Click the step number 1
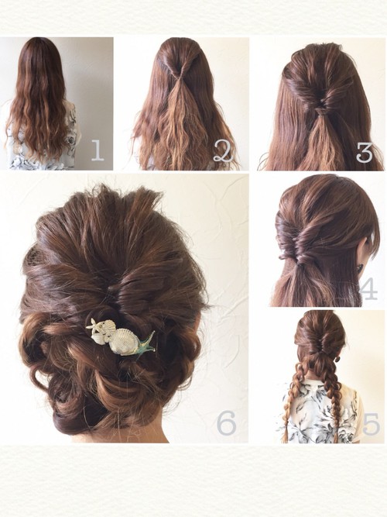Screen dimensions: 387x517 (x=98, y=150)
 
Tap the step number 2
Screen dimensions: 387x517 (x=223, y=150)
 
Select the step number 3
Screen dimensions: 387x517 (x=365, y=152)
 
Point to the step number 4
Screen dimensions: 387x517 (x=368, y=289)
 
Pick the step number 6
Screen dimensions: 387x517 (x=227, y=423)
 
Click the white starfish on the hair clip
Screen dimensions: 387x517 (x=95, y=325)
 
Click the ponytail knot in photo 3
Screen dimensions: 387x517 (x=318, y=112)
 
